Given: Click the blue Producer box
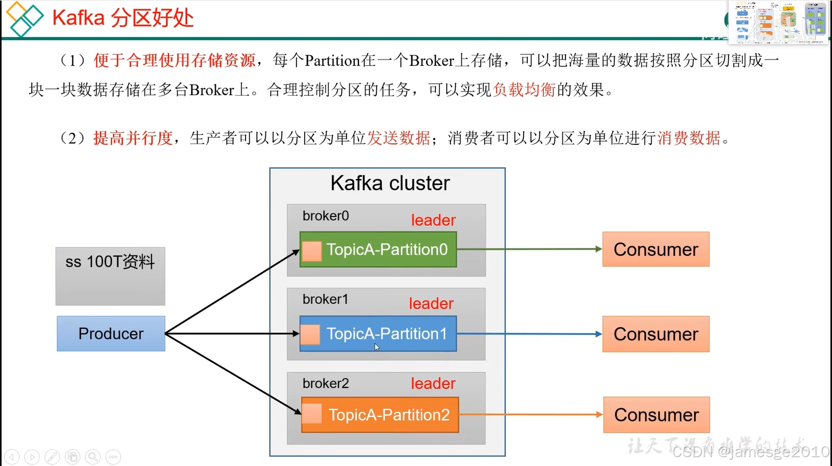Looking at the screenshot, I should pyautogui.click(x=111, y=334).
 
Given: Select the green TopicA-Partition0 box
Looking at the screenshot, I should pyautogui.click(x=378, y=249).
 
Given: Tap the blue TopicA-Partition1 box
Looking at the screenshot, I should pyautogui.click(x=378, y=334).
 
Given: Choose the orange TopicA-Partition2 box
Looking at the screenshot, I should pyautogui.click(x=380, y=415).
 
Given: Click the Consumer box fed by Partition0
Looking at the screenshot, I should pyautogui.click(x=656, y=249).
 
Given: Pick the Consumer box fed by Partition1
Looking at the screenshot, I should pyautogui.click(x=656, y=334).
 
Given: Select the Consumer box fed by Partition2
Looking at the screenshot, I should pyautogui.click(x=656, y=415).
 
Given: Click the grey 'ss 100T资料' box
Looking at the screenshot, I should pyautogui.click(x=110, y=276).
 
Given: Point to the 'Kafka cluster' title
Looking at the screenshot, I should pyautogui.click(x=390, y=184).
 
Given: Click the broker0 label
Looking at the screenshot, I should pyautogui.click(x=326, y=216).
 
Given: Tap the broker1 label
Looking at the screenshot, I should pyautogui.click(x=326, y=299).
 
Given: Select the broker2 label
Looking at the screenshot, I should pyautogui.click(x=326, y=383).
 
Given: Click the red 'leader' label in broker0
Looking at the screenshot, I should pyautogui.click(x=433, y=220).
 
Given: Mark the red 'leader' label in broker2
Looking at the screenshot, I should pyautogui.click(x=433, y=383).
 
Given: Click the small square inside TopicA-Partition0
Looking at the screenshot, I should pyautogui.click(x=312, y=251).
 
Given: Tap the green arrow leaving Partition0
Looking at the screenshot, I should pyautogui.click(x=528, y=249).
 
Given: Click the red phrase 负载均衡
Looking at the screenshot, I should pyautogui.click(x=524, y=90).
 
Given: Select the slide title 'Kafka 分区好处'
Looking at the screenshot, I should pyautogui.click(x=123, y=18).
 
